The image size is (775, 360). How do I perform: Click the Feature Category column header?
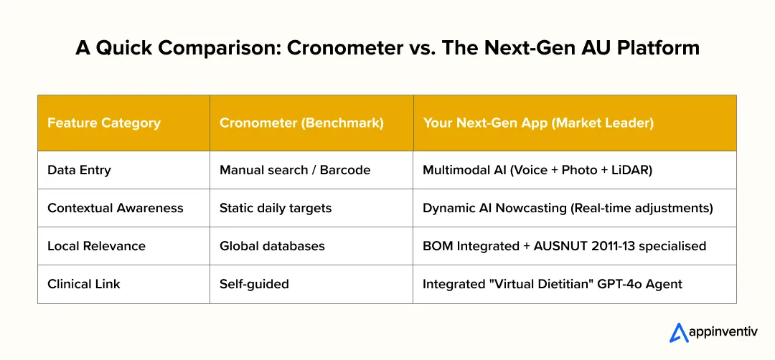[104, 123]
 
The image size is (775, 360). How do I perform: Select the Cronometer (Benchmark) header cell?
[301, 123]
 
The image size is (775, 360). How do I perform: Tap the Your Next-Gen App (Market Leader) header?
[538, 123]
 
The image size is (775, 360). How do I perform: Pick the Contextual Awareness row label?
[116, 208]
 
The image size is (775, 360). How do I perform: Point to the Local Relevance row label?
[96, 246]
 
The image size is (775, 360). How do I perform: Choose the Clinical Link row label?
[84, 284]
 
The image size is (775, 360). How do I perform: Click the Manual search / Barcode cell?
[295, 170]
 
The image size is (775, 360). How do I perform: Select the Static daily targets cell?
[276, 208]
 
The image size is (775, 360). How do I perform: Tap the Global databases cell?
[272, 246]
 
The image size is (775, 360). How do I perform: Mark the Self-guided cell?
[254, 284]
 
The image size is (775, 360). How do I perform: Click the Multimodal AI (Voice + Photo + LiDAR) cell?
[537, 170]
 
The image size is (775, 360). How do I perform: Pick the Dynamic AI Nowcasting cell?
[568, 208]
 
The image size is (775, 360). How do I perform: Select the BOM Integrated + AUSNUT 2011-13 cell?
[564, 246]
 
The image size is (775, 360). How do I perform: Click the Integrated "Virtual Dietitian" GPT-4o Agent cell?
[553, 284]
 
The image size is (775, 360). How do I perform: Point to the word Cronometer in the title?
[339, 49]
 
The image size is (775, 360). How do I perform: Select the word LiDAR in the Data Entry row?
[629, 170]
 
